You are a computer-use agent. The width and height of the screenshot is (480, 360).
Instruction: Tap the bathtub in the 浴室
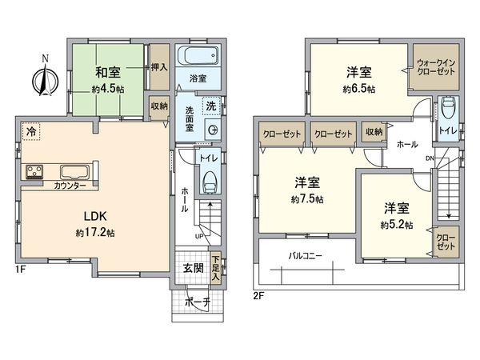198,55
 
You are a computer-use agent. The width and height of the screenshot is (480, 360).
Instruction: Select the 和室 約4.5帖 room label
108,80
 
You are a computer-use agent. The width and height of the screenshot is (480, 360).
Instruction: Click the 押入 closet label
159,67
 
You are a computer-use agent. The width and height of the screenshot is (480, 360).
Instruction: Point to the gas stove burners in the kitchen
34,171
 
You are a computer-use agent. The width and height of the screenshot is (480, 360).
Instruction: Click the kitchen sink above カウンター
75,172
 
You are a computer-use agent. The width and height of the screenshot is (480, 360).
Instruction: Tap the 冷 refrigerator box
30,132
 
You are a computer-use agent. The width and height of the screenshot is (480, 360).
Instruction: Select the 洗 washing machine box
211,106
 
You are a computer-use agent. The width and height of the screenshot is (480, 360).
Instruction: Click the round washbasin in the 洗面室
212,130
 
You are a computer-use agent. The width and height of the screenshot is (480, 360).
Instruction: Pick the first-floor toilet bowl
210,182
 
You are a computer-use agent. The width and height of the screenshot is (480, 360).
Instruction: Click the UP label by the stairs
198,236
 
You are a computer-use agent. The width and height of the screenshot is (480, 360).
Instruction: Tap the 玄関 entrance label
194,269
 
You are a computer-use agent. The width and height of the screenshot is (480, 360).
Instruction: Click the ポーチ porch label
198,302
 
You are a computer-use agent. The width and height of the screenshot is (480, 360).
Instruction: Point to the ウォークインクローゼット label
436,67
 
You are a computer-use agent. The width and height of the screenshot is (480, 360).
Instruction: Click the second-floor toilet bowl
448,107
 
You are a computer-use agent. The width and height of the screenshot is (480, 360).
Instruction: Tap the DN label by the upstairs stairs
430,158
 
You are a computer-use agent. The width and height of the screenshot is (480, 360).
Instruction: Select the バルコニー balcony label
306,256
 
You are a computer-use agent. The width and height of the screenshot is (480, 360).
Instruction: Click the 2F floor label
258,296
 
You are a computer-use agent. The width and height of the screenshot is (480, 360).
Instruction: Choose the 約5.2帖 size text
397,226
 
